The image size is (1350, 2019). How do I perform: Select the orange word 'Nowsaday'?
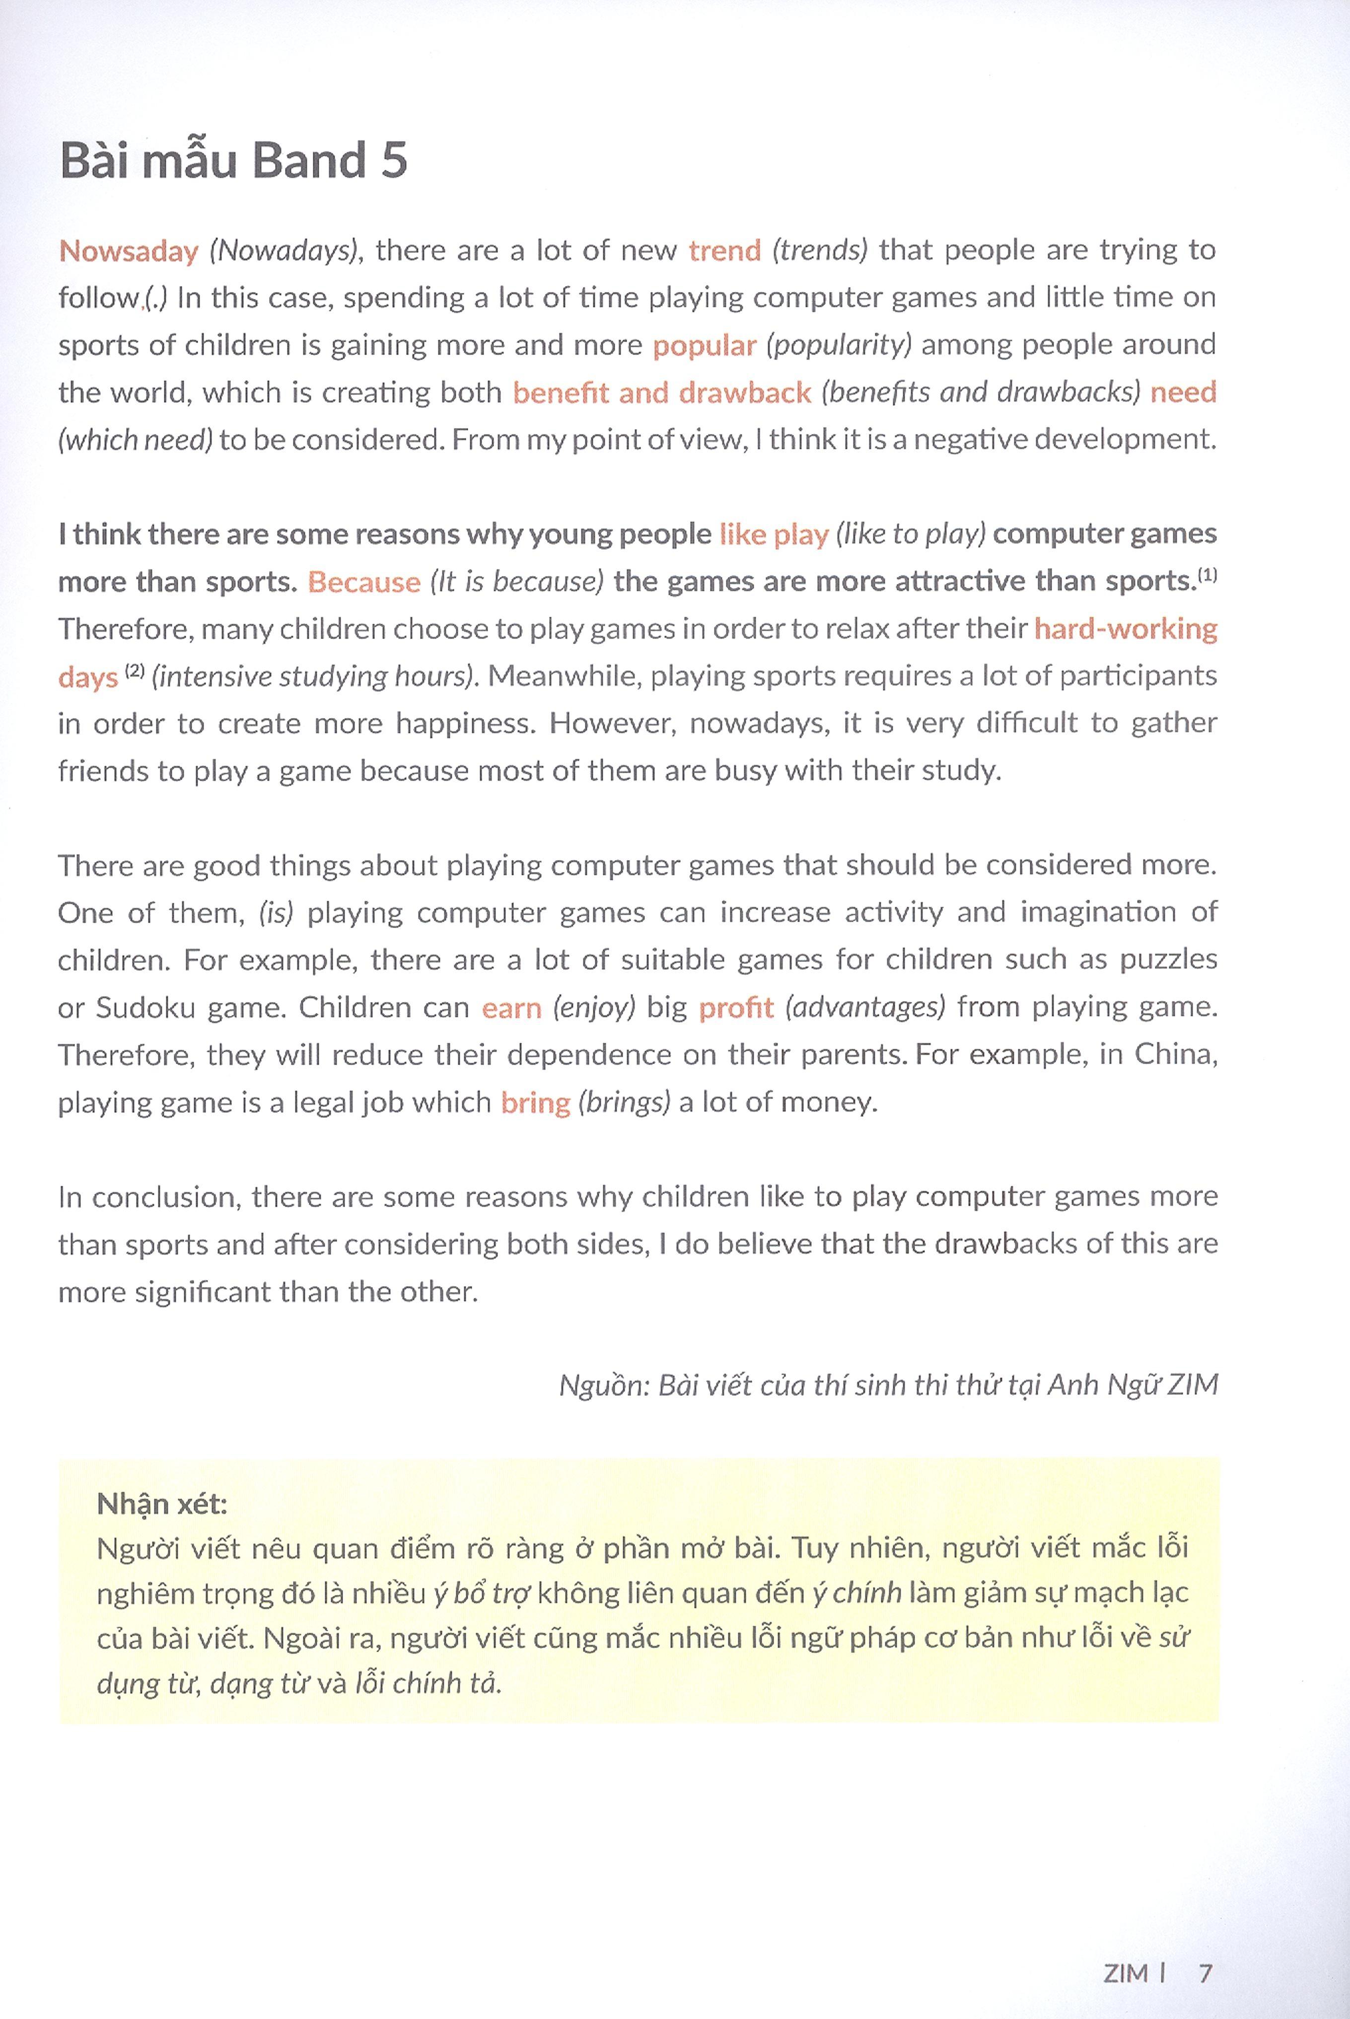point(128,251)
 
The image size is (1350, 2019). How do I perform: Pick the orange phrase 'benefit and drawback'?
point(661,393)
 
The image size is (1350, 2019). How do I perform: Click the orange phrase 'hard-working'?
point(1125,629)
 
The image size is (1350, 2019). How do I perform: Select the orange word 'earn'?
point(511,1008)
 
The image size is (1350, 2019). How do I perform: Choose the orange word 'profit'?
point(736,1008)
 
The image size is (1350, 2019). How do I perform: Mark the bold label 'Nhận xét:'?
point(162,1504)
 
